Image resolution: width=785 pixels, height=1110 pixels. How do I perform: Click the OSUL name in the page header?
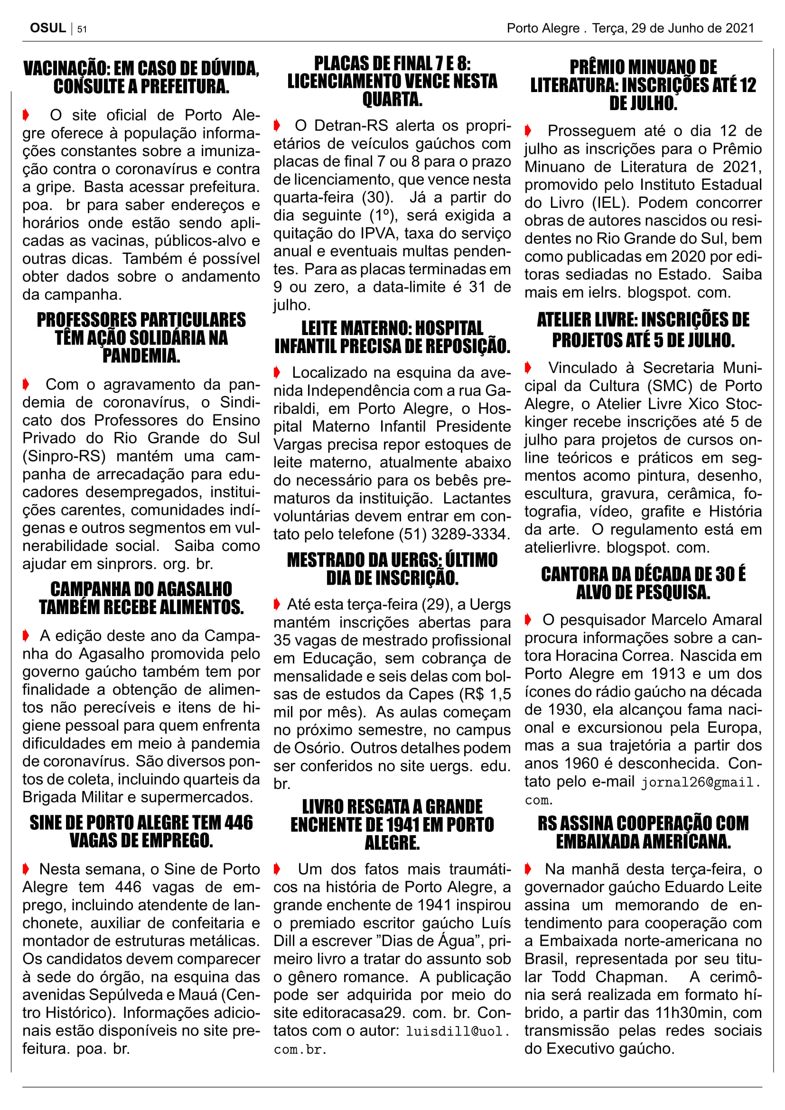[x=48, y=28]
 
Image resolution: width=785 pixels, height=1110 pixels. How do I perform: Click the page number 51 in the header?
[x=82, y=29]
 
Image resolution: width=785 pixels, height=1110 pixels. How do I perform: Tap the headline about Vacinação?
[x=141, y=77]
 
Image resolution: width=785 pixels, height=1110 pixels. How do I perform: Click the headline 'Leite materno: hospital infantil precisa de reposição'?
[x=392, y=337]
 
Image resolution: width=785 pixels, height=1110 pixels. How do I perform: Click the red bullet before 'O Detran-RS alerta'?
[x=277, y=126]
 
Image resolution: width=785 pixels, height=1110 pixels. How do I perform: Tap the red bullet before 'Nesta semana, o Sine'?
[x=26, y=869]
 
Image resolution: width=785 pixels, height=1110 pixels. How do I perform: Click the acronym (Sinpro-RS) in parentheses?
[x=64, y=457]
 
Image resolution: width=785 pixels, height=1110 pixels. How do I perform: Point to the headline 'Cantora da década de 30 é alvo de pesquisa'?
[x=643, y=583]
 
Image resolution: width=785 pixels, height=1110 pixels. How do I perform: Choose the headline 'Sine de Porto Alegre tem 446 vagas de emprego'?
[x=141, y=831]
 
